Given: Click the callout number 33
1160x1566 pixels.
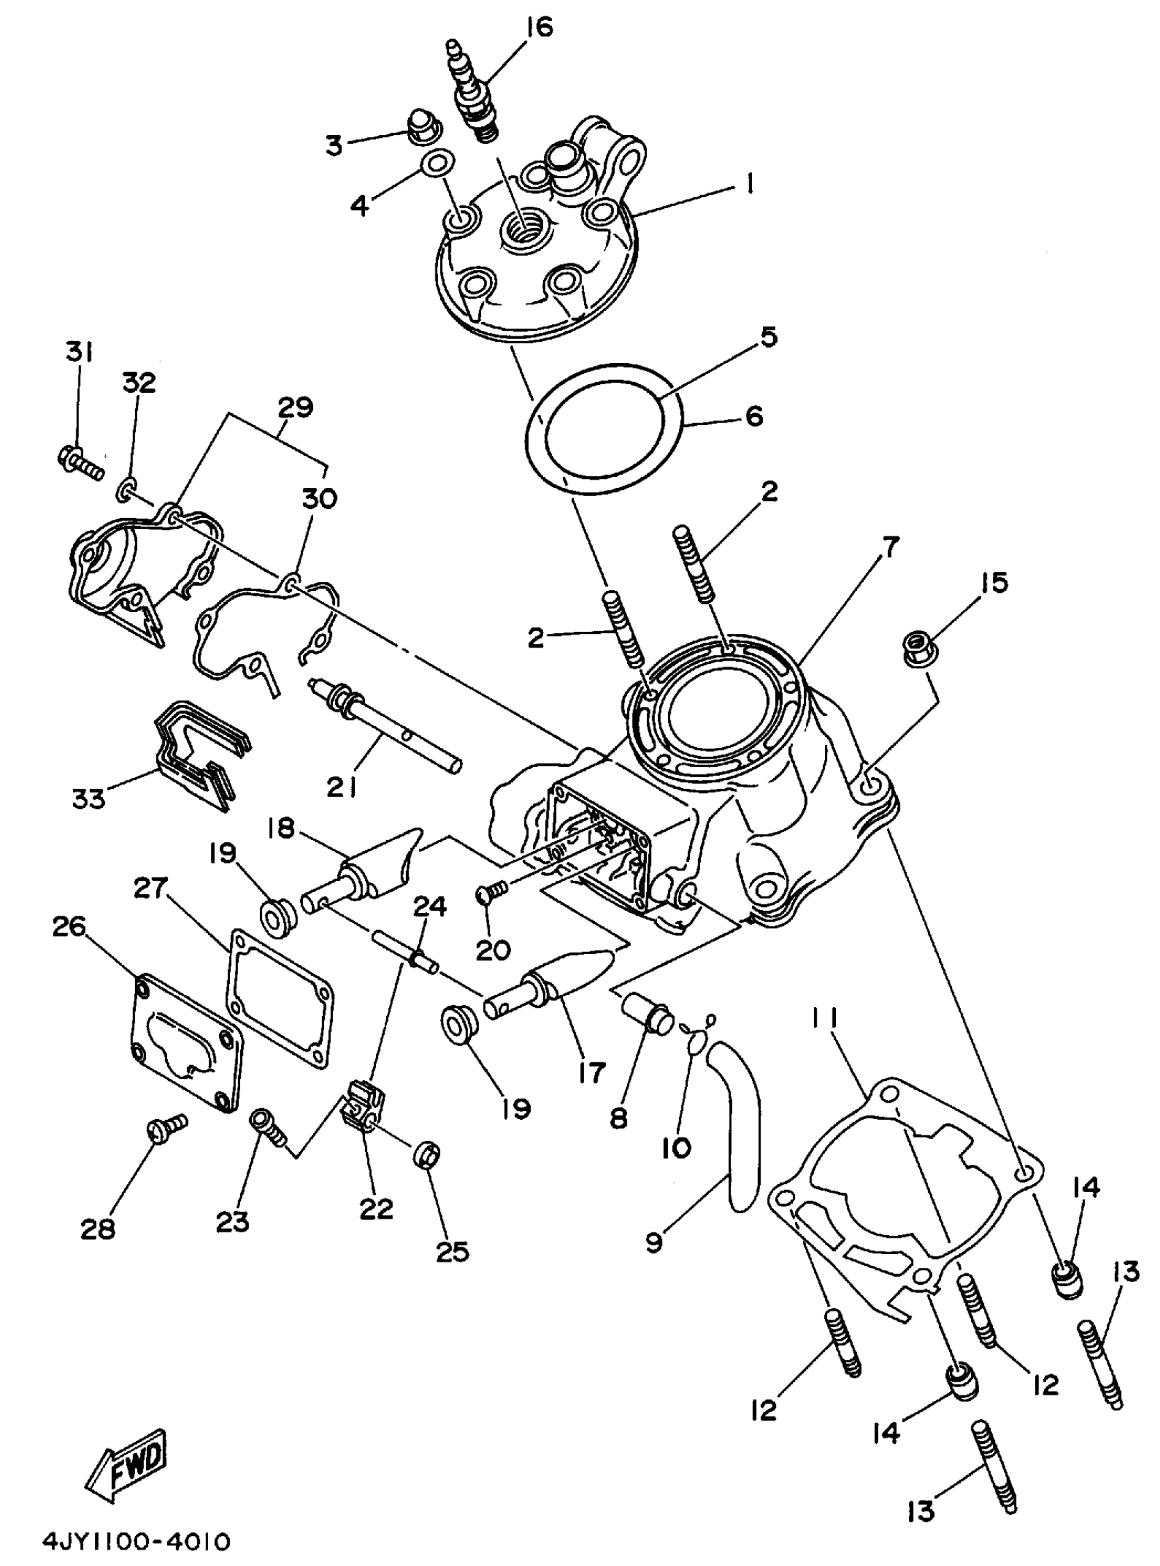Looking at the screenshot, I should pos(89,798).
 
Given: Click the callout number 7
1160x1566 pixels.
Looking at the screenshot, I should pos(891,547).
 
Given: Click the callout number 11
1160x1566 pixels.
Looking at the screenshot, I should pos(825,1020).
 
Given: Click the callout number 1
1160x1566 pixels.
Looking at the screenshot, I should pos(749,184).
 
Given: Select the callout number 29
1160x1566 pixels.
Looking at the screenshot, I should pos(295,407).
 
